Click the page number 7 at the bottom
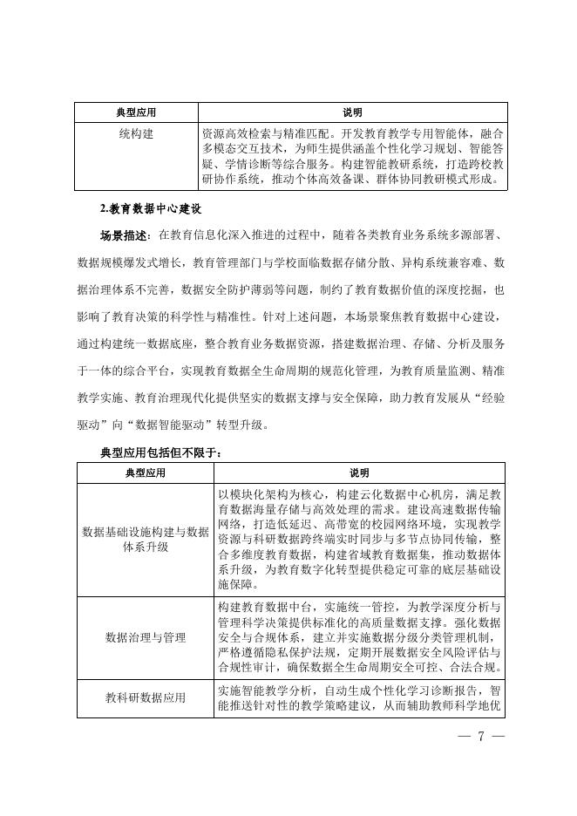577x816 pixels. pyautogui.click(x=480, y=735)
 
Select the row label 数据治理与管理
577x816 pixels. pyautogui.click(x=146, y=637)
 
